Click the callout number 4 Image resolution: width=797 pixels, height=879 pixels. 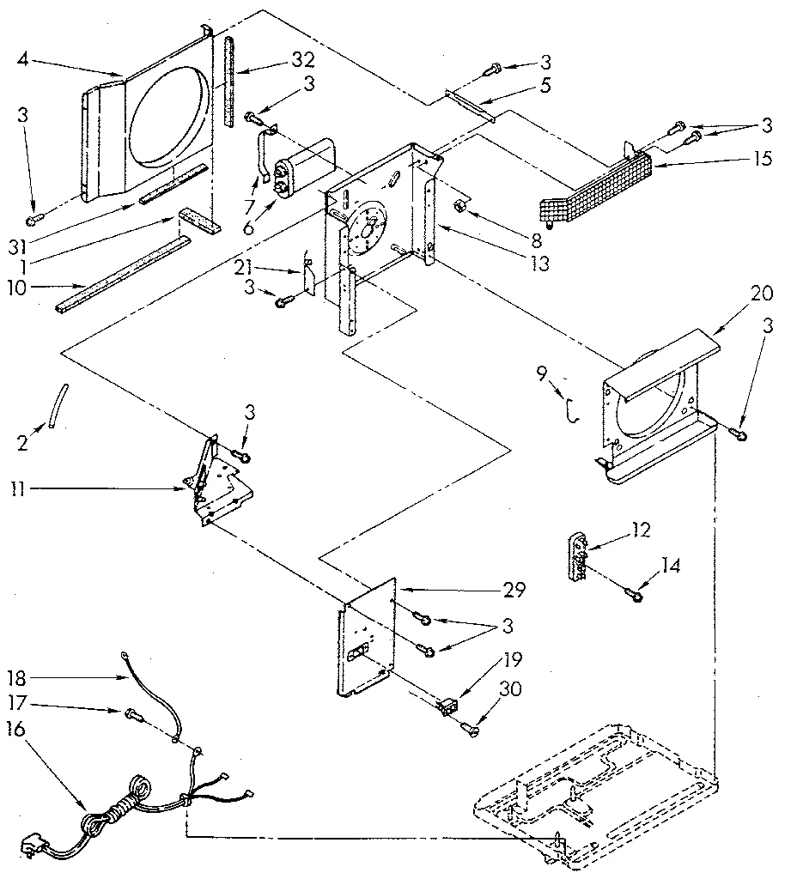point(23,59)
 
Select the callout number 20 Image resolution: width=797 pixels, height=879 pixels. point(761,294)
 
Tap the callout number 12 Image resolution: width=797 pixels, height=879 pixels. point(639,530)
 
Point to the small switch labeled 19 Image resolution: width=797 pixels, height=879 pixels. point(447,706)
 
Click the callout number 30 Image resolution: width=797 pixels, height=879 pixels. point(514,689)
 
